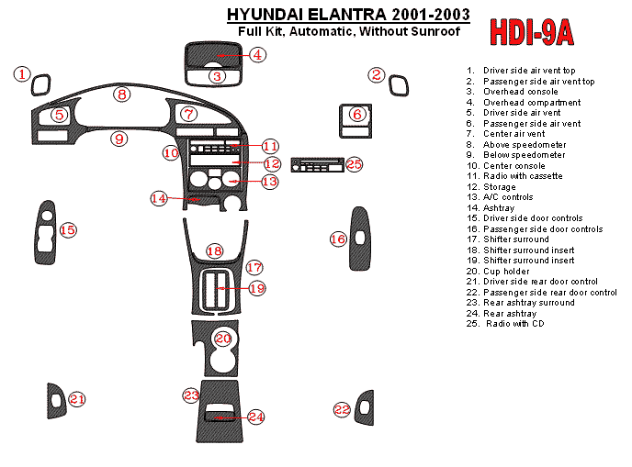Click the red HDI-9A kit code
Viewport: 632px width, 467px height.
(532, 32)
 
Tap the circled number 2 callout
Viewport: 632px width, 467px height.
(376, 75)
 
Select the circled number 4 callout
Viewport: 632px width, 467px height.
(258, 55)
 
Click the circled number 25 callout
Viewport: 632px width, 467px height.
(355, 164)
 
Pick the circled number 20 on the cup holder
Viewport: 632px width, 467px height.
(222, 339)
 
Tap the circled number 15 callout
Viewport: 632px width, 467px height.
(68, 229)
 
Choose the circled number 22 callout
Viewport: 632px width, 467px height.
(342, 409)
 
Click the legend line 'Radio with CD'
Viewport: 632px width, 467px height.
(519, 324)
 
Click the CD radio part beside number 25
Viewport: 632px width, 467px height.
(317, 165)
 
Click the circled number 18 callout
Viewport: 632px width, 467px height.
(214, 250)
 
